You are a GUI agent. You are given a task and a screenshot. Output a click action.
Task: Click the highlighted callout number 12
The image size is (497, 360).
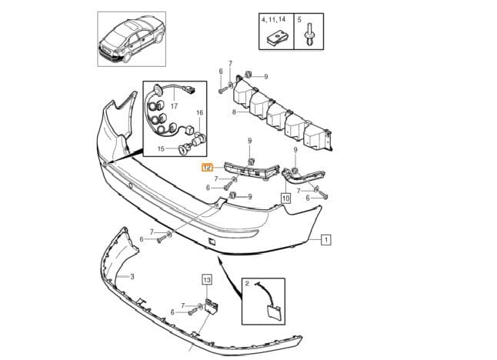(207, 168)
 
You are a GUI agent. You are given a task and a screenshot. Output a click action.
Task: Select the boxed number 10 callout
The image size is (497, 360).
(285, 198)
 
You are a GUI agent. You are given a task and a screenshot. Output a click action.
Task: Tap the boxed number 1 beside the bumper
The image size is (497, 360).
(326, 239)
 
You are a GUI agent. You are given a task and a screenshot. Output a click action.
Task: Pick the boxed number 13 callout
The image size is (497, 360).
(207, 280)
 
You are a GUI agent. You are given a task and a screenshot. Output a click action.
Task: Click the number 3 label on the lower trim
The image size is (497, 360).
(132, 277)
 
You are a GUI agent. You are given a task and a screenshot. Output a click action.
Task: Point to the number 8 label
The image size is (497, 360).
(234, 112)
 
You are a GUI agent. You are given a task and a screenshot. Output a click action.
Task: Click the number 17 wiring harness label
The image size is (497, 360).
(175, 106)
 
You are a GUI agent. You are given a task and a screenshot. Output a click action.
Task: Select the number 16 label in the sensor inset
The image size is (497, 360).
(200, 112)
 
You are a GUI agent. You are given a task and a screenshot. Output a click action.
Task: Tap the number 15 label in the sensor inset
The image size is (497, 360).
(161, 148)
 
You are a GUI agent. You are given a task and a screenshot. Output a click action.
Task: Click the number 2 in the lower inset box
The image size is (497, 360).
(248, 284)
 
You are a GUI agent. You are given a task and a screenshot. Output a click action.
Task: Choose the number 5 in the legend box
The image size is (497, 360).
(299, 20)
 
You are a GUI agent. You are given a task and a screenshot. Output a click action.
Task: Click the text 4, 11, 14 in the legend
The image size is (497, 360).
(273, 20)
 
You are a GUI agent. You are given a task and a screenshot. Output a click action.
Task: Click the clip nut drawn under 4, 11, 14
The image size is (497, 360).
(277, 38)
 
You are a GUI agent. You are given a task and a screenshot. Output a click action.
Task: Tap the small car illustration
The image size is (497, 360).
(132, 38)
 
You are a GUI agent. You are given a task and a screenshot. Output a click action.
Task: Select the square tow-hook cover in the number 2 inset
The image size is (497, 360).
(273, 312)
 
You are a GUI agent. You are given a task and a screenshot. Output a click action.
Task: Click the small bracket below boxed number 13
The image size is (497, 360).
(212, 305)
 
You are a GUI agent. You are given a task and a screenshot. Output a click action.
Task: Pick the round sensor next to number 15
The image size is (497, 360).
(183, 149)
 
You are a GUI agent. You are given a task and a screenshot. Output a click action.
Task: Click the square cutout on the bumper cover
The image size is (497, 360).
(211, 242)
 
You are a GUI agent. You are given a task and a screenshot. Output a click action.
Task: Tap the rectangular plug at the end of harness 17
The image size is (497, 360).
(191, 89)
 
